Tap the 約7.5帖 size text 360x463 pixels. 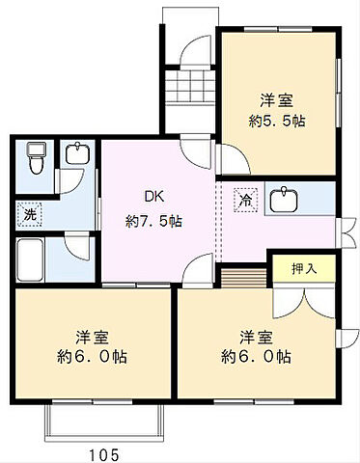(154, 220)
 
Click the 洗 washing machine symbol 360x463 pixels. (31, 214)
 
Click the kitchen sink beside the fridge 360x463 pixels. (284, 201)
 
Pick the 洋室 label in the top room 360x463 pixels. (277, 98)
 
